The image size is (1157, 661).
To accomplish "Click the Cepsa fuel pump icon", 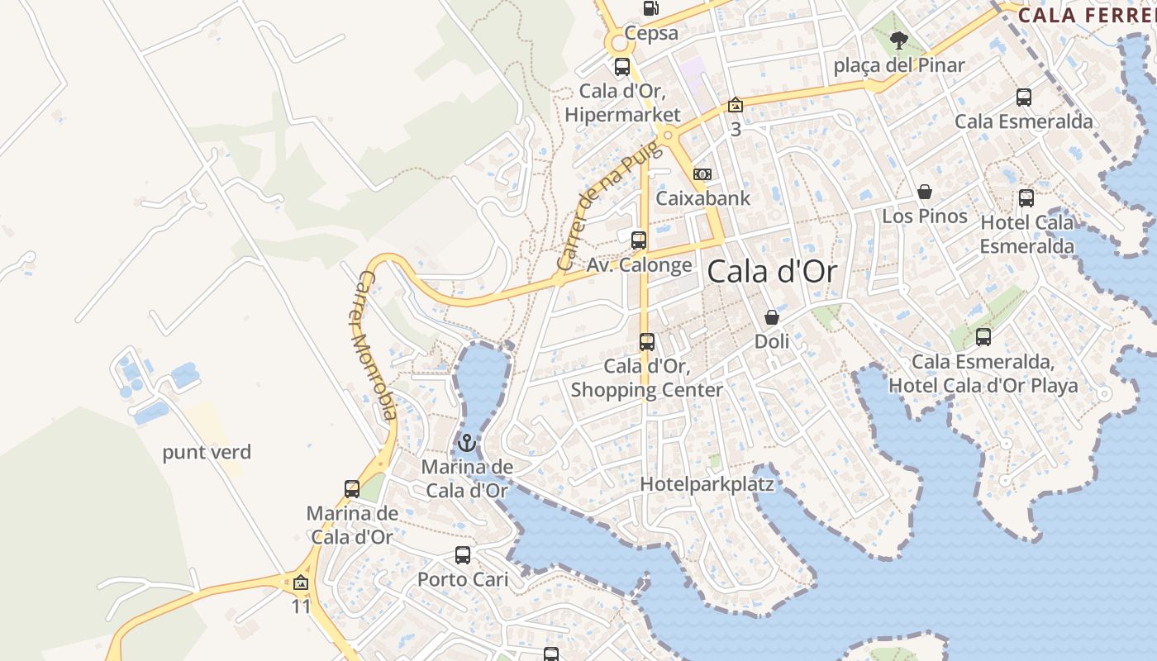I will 650,8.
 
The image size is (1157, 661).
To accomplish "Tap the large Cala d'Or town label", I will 772,272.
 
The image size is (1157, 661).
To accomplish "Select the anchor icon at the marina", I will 467,444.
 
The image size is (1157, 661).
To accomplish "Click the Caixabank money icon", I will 702,174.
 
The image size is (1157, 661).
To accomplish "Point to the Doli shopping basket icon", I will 772,317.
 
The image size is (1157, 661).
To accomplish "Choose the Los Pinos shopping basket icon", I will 925,193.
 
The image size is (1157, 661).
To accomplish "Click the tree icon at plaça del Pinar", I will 898,40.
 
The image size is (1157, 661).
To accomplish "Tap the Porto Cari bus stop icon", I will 463,555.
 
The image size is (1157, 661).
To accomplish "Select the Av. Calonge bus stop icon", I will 639,240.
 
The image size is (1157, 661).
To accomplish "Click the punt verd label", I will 207,453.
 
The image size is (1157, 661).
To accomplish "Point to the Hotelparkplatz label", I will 707,484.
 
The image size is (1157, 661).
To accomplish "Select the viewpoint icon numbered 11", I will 301,583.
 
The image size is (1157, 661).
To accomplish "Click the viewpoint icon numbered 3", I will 735,106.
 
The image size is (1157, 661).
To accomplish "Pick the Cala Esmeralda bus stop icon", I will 1024,97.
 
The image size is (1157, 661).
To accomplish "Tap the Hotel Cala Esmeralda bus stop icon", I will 1026,198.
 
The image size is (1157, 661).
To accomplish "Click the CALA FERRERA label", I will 1087,15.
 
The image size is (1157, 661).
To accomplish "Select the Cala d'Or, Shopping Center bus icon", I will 647,342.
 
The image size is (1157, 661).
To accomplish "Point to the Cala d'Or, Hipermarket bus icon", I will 622,67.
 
